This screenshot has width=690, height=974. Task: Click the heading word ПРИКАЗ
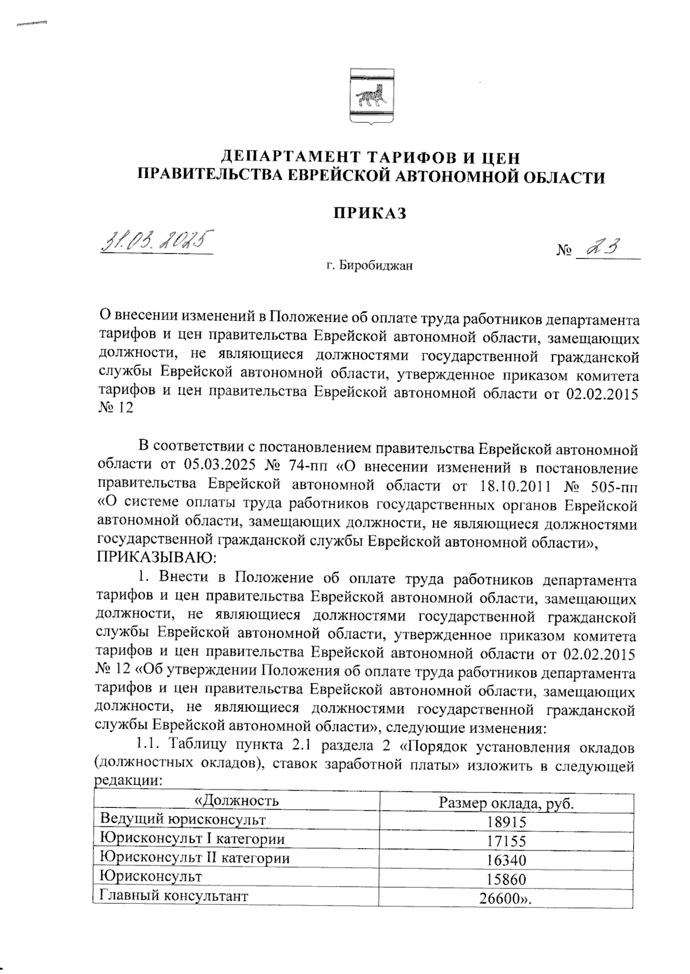click(x=370, y=213)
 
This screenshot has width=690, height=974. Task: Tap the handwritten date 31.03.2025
click(x=156, y=240)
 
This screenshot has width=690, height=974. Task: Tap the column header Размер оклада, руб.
click(x=506, y=803)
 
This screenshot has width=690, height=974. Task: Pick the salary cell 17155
click(x=506, y=841)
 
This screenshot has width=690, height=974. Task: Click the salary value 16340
click(x=506, y=860)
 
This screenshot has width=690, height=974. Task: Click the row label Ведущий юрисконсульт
click(x=183, y=819)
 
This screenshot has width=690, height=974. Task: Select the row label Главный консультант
click(x=174, y=895)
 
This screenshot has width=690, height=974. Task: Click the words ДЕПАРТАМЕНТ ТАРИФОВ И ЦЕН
click(x=370, y=156)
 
